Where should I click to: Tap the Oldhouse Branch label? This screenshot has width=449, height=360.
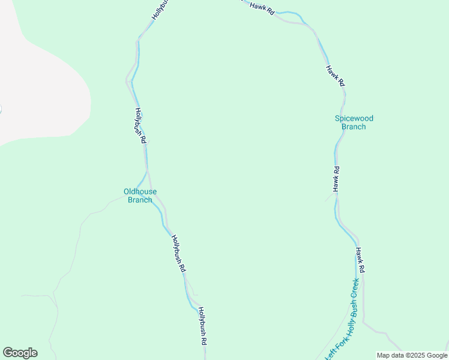pos(140,196)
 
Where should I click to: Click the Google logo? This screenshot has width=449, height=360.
pos(20,353)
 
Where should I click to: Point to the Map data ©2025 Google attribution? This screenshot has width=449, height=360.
pos(412,355)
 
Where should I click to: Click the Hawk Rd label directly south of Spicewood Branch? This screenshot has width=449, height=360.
pos(336,179)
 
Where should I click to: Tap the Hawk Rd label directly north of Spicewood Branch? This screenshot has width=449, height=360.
pos(335,76)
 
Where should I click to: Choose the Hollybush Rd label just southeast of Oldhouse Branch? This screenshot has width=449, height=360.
pos(178,253)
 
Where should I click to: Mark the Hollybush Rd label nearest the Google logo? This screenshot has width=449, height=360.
pos(203,326)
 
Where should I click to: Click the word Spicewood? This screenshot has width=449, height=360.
pos(350,118)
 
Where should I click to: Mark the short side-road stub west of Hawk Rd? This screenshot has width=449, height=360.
pos(331,196)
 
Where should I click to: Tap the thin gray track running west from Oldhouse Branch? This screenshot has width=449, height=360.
pos(96,212)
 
